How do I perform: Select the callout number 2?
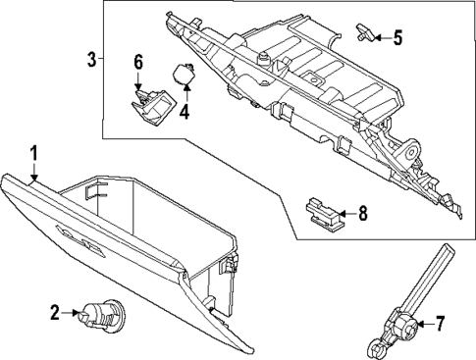click(x=55, y=313)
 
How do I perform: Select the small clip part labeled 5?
click(x=365, y=35)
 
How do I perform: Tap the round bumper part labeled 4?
click(x=184, y=74)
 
